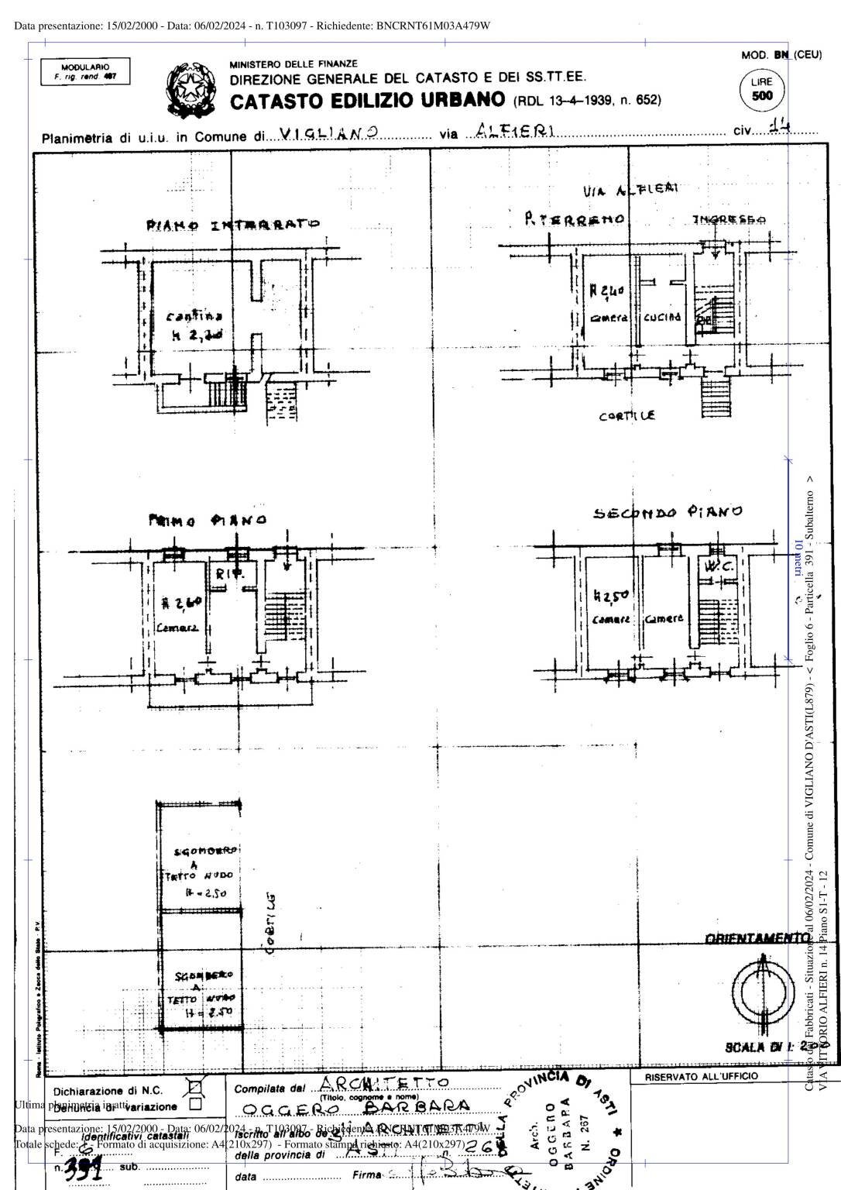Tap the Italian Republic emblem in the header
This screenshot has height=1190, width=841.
(189, 91)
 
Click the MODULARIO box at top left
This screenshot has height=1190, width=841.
(85, 72)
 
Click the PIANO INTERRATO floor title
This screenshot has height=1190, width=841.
(233, 225)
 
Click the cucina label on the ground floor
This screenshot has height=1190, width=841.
(662, 317)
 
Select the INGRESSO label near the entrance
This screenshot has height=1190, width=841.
(729, 220)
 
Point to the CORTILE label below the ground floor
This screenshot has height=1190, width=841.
(626, 416)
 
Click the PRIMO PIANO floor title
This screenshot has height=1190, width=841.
(208, 520)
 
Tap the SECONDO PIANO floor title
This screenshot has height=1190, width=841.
(668, 512)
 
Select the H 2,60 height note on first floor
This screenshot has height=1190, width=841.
(182, 603)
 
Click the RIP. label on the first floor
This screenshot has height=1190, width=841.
(230, 574)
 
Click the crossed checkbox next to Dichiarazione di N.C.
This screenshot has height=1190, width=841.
(195, 1089)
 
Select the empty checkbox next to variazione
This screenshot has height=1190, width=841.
(195, 1104)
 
